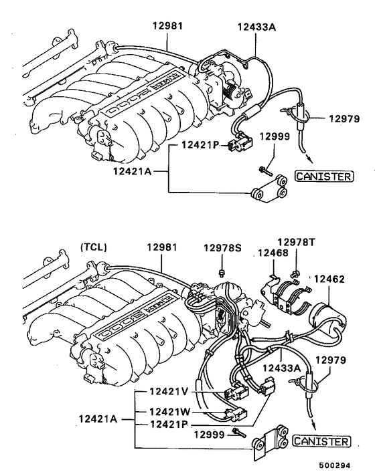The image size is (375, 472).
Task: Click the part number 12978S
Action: pyautogui.click(x=224, y=249)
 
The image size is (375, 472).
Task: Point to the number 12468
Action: pyautogui.click(x=273, y=253)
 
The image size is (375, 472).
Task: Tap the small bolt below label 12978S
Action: pyautogui.click(x=222, y=272)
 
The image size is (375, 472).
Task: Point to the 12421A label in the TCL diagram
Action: pyautogui.click(x=99, y=419)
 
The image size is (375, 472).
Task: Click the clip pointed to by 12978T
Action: pyautogui.click(x=294, y=272)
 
